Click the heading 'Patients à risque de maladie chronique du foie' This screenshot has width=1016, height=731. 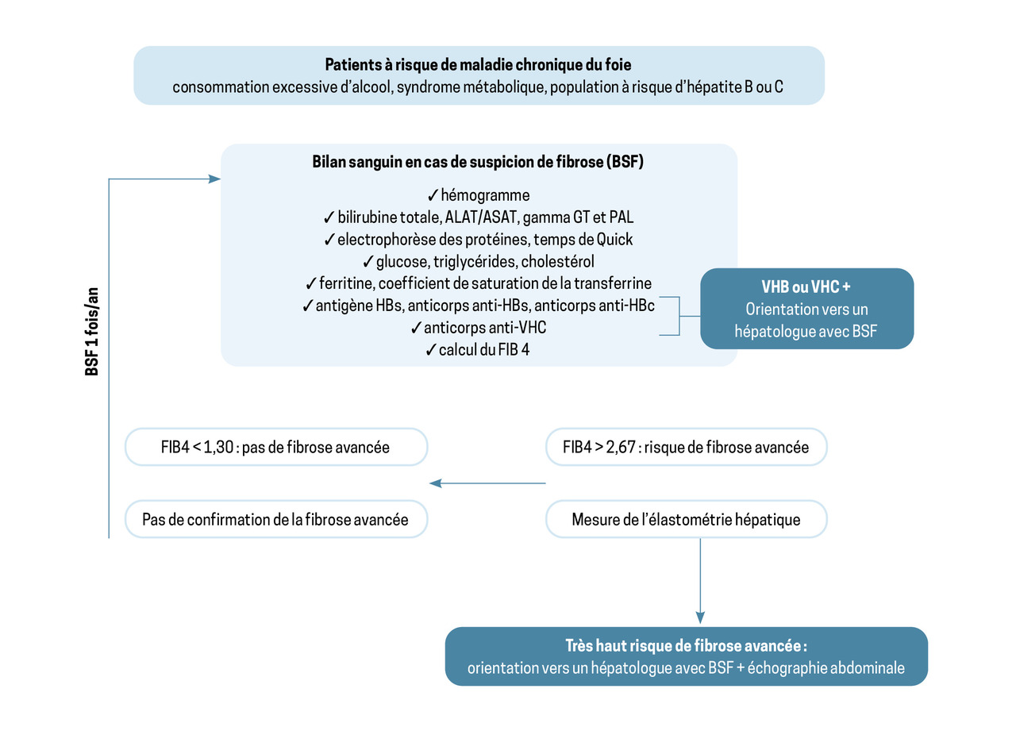478,64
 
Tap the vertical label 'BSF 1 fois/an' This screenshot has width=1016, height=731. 91,331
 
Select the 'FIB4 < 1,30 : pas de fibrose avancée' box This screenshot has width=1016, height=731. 276,447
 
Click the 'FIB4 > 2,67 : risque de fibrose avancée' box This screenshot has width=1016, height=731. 686,447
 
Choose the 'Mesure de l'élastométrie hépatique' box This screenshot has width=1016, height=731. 686,520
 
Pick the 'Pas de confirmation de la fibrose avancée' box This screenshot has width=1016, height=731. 276,520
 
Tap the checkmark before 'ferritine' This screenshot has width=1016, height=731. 311,283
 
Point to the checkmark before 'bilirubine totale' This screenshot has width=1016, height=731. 329,217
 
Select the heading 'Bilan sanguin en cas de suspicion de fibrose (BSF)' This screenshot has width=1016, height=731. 478,163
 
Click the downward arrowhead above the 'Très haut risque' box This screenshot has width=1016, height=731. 700,616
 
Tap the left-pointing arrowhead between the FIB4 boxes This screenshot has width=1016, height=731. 435,483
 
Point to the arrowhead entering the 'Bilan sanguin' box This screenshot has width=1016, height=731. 215,179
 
